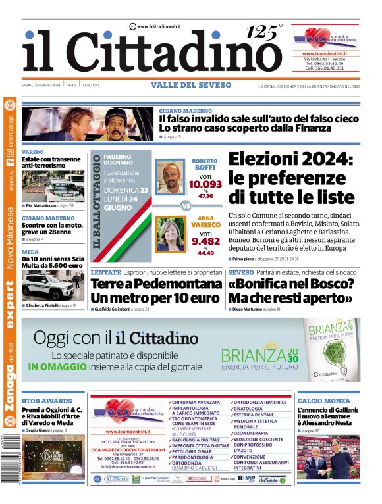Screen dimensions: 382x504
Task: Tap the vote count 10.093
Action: coord(204,184)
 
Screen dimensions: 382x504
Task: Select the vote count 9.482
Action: coord(205,241)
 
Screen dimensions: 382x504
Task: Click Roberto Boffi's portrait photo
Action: coord(171,176)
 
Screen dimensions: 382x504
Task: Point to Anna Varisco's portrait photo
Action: coord(169,233)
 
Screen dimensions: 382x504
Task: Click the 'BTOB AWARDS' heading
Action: coord(47,400)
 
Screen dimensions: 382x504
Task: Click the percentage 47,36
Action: coord(205,195)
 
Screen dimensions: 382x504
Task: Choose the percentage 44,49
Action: coord(205,253)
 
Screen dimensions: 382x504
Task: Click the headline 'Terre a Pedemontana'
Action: coord(156,284)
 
